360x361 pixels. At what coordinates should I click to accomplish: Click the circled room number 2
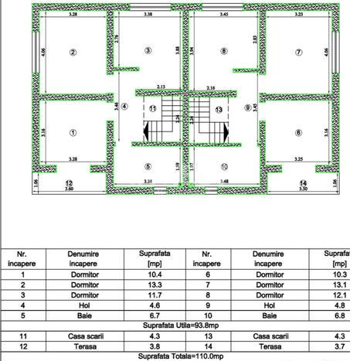[x=73, y=53]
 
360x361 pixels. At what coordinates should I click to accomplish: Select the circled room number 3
[x=148, y=51]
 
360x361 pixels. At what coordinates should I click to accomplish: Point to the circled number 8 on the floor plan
[x=224, y=51]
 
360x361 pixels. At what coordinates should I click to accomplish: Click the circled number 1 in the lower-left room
[x=73, y=132]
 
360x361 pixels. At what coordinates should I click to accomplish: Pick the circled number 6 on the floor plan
[x=297, y=132]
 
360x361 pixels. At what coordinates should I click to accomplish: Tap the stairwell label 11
[x=153, y=109]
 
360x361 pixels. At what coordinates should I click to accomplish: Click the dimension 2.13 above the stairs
[x=160, y=87]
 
